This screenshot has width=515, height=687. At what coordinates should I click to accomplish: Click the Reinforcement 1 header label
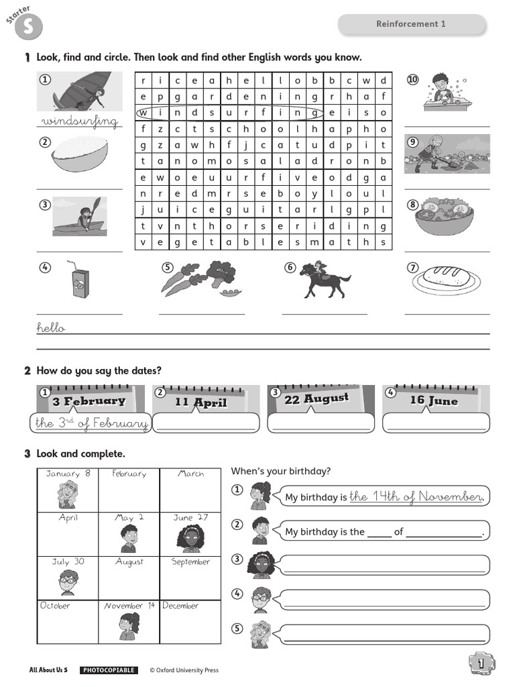(410, 24)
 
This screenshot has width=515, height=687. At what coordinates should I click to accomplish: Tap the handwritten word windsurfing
(79, 122)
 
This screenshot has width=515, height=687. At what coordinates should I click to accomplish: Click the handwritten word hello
(51, 328)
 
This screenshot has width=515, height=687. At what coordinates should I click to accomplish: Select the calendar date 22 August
(317, 399)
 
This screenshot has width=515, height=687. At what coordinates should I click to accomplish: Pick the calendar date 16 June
(434, 401)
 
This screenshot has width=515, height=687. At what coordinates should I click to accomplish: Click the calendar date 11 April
(201, 403)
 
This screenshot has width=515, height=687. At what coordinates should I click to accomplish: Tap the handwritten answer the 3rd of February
(91, 423)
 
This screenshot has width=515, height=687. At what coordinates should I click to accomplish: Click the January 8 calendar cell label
(68, 474)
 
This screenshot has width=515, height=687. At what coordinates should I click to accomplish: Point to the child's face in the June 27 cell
(190, 537)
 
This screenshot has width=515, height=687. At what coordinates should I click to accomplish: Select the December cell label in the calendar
(181, 606)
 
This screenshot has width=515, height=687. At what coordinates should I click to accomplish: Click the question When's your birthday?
(280, 471)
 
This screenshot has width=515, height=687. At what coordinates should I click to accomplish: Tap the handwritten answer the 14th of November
(416, 496)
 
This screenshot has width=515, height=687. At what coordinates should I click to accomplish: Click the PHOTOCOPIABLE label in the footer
(109, 670)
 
